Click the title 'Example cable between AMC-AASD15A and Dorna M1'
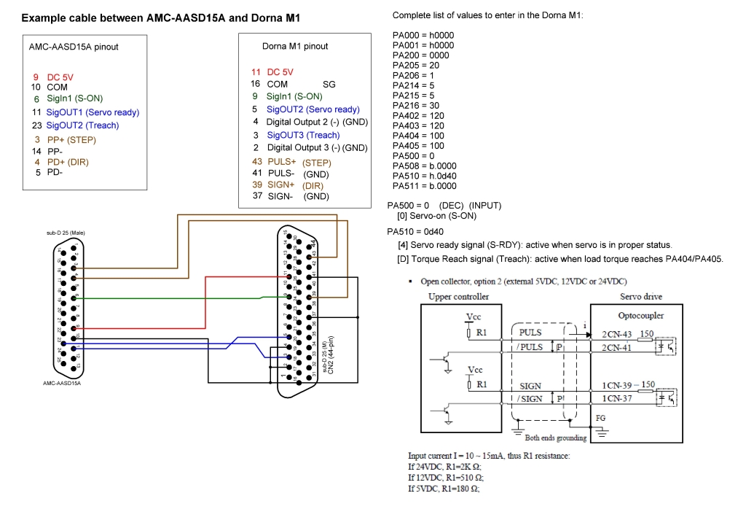click(x=160, y=18)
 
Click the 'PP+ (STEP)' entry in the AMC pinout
click(x=71, y=139)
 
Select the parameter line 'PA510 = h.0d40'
click(x=424, y=175)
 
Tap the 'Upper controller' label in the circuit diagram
click(x=459, y=297)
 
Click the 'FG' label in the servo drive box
click(x=600, y=419)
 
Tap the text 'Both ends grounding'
click(x=556, y=438)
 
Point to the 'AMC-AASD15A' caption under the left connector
click(x=61, y=383)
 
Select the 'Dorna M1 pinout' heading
click(x=295, y=46)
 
